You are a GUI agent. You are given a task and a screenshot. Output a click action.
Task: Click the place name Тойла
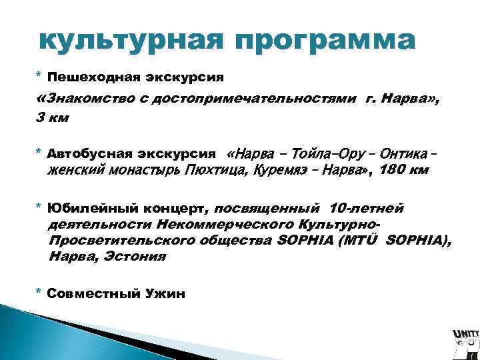(x=300, y=152)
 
